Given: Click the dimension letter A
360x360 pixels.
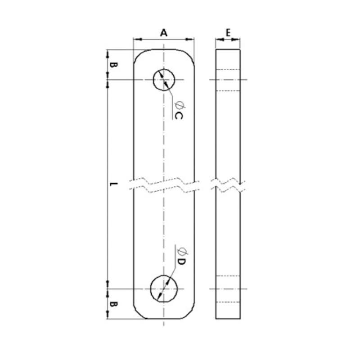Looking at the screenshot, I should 164,32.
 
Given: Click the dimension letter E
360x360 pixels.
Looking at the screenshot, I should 228,32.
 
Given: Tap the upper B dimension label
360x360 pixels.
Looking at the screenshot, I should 114,65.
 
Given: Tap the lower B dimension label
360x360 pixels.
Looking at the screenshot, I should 114,305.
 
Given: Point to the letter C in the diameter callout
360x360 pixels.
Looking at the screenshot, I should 179,116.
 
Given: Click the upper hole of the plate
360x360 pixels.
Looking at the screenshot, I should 164,80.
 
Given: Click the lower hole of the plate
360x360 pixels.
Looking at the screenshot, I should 164,288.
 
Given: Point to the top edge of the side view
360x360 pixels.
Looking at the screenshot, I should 228,49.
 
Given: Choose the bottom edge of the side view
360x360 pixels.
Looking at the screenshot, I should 228,319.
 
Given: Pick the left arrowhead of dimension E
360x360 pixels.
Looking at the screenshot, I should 218,40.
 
